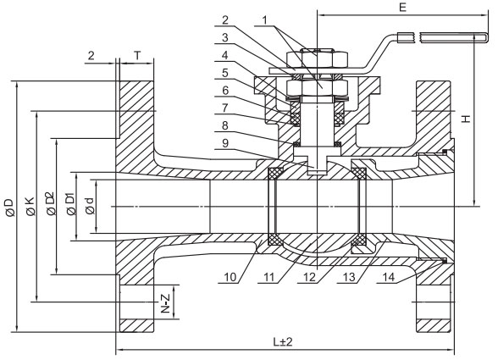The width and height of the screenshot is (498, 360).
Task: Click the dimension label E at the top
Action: coord(402,7)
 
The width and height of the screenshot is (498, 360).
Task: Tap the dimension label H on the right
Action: coord(466,119)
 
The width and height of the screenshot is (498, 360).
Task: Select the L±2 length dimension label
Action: coord(283,342)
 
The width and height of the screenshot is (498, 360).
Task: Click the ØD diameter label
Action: coord(10,208)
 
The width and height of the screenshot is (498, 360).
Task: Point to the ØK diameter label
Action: coord(30,206)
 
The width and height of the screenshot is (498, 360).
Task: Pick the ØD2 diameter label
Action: coord(51,203)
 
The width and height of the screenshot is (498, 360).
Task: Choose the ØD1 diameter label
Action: coord(71,203)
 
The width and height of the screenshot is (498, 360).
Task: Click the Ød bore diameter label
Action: coord(90,206)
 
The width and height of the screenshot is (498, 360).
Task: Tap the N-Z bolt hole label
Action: coord(165,303)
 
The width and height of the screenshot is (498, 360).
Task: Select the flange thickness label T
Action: coord(137,55)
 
